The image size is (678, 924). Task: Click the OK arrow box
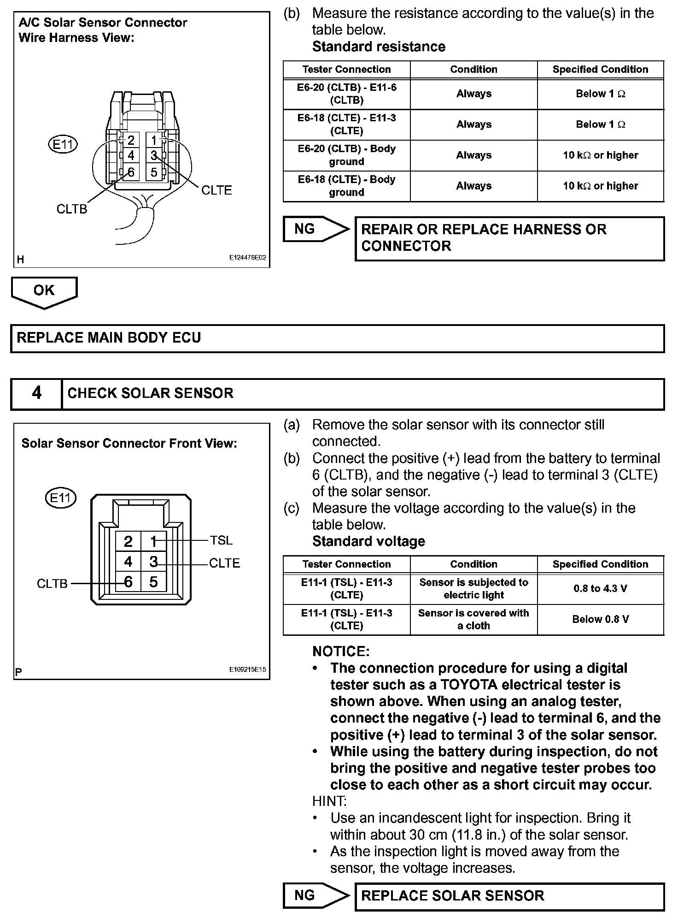click(x=44, y=291)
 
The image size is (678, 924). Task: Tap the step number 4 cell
click(x=36, y=393)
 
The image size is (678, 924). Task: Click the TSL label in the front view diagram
click(x=221, y=540)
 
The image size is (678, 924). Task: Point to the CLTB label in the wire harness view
click(x=71, y=209)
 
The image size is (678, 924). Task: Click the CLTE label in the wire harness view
click(x=216, y=190)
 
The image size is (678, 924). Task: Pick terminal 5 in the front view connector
click(x=153, y=582)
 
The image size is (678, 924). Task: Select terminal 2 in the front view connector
click(x=129, y=541)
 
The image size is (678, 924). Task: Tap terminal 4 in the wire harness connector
click(x=131, y=155)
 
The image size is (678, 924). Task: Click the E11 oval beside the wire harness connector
click(x=63, y=145)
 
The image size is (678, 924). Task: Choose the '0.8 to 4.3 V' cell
click(x=600, y=589)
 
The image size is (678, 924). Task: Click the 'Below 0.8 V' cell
click(x=600, y=619)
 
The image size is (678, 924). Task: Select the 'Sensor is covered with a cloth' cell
click(x=473, y=619)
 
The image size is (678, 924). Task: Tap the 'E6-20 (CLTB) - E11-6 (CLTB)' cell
click(x=346, y=94)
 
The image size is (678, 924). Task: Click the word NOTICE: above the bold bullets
click(x=341, y=652)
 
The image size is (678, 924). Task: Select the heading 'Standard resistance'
click(x=379, y=47)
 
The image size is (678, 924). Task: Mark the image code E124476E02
click(x=247, y=258)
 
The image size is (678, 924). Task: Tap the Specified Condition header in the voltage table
click(x=600, y=564)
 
